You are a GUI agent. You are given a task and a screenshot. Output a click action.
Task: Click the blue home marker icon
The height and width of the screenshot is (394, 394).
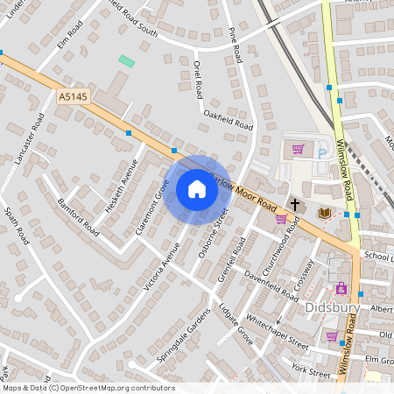click(x=197, y=189)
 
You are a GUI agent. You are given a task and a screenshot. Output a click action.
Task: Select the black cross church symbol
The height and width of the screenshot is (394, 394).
click(x=295, y=204)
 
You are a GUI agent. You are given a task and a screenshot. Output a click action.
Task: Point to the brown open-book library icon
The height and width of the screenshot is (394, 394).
click(x=323, y=212)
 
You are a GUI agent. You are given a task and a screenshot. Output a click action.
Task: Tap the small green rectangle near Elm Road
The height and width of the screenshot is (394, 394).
click(x=127, y=61)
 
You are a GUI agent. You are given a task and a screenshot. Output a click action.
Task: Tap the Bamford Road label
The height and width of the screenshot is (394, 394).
click(x=78, y=214)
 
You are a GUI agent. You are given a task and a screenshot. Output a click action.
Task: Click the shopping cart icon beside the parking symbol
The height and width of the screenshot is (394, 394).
click(x=298, y=149)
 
